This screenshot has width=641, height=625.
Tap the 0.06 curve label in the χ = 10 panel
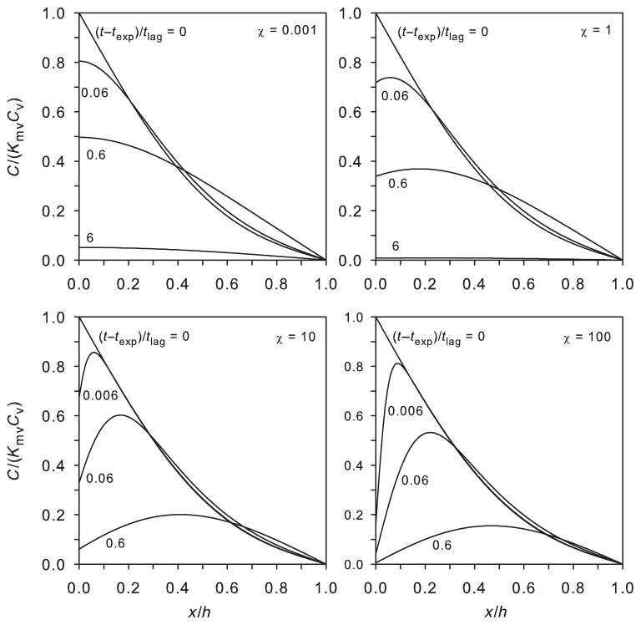[x=98, y=479]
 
